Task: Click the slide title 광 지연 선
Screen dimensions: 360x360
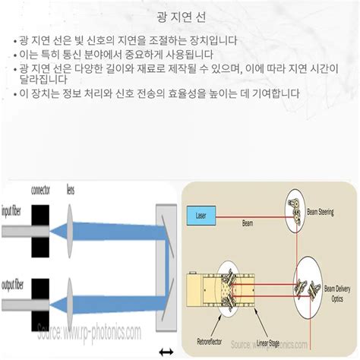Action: click(180, 16)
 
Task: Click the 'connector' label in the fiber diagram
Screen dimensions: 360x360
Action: click(40, 190)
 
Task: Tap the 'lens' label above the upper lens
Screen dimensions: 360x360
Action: click(71, 190)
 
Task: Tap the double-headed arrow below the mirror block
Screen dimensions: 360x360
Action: click(166, 352)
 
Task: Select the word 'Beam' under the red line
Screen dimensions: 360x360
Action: click(248, 224)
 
